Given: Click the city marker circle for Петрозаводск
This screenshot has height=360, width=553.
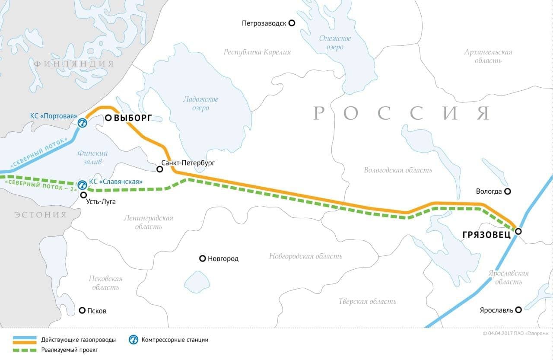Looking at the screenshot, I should (x=292, y=23).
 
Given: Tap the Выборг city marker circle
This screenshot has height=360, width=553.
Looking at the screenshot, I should (x=108, y=118).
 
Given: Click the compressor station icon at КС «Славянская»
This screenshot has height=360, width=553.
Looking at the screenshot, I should (x=82, y=185).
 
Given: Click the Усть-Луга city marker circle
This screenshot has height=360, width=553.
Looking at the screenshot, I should (x=83, y=195).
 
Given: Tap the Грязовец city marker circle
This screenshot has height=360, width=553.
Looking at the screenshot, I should (x=518, y=232).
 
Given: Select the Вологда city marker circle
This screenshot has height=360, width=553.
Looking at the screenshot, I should (x=508, y=191).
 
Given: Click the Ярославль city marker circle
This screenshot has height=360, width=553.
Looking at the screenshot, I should (x=518, y=309).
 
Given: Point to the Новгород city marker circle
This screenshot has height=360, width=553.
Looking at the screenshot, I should (x=202, y=258).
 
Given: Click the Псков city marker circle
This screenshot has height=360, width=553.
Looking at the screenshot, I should (x=83, y=310).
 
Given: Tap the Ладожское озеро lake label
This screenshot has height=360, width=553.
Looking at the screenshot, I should (x=200, y=103).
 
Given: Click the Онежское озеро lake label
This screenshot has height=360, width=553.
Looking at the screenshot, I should (x=335, y=42).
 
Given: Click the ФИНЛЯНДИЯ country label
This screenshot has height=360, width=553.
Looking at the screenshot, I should (x=74, y=64).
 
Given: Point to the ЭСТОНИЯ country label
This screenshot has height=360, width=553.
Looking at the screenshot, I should (x=40, y=215).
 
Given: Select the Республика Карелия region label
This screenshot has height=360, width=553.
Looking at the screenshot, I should (x=257, y=52).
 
